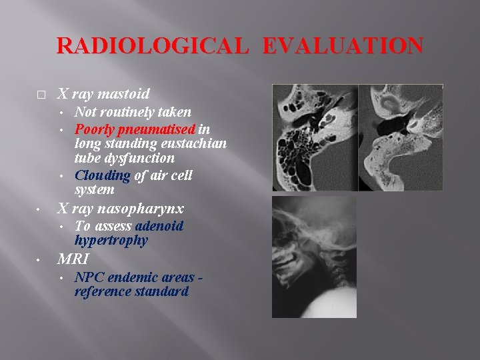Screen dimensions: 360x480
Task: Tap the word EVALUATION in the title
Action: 342,45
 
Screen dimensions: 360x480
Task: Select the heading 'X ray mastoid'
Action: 103,93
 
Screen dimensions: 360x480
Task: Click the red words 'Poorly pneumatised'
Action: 135,129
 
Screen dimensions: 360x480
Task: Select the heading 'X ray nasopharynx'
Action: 120,208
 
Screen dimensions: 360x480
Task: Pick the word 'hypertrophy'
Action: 111,241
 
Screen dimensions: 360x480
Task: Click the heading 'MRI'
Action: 74,259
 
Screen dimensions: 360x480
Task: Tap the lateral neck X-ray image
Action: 314,256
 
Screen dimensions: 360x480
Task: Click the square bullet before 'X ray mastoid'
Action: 41,94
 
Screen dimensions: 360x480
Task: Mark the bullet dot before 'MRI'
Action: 41,259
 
